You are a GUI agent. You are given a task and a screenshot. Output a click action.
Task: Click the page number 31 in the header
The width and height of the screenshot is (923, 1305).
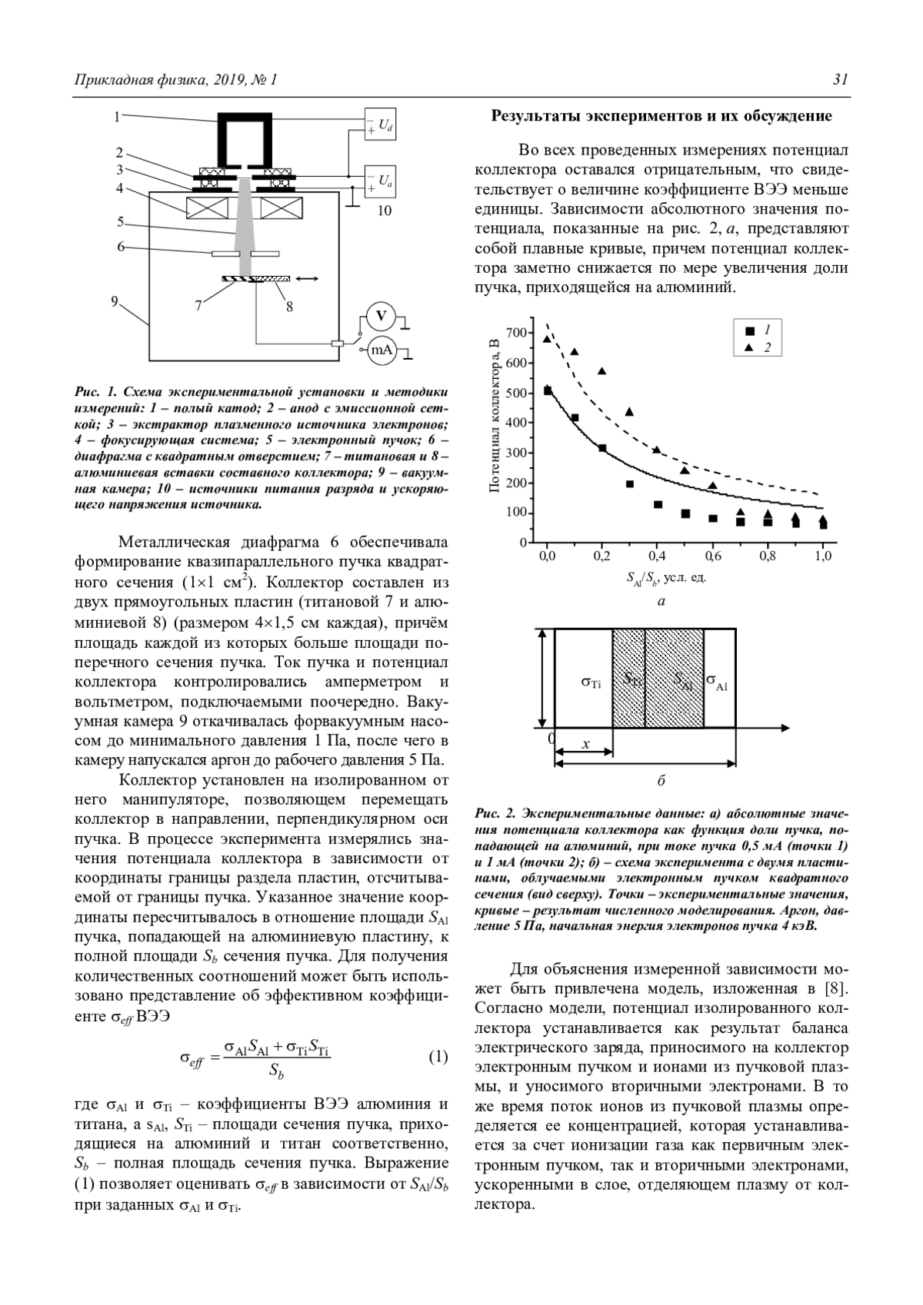pyautogui.click(x=841, y=80)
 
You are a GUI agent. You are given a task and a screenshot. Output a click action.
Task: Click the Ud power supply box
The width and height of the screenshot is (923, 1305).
pyautogui.click(x=381, y=125)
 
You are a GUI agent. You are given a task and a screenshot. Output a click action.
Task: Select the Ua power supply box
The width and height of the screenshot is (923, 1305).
pyautogui.click(x=381, y=181)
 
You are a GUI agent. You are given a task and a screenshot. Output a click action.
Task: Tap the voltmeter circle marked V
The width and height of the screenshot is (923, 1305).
pyautogui.click(x=380, y=316)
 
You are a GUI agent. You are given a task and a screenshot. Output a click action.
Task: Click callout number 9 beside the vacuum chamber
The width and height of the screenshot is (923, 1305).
pyautogui.click(x=115, y=301)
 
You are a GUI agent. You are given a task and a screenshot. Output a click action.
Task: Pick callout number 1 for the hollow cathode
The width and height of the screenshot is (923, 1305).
pyautogui.click(x=117, y=117)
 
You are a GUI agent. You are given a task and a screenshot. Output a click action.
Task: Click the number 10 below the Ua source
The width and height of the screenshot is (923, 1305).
pyautogui.click(x=384, y=210)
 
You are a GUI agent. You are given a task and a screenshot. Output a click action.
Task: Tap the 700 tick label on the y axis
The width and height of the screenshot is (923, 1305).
pyautogui.click(x=516, y=333)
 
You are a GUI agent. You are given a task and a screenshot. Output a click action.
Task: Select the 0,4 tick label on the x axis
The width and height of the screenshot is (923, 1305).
pyautogui.click(x=657, y=556)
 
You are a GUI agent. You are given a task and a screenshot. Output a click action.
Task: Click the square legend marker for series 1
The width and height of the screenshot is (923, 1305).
pyautogui.click(x=750, y=331)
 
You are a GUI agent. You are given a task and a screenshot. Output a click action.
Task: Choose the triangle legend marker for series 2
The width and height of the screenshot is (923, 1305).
pyautogui.click(x=750, y=348)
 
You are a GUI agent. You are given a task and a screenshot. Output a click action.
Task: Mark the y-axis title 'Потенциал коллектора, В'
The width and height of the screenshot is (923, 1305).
pyautogui.click(x=495, y=416)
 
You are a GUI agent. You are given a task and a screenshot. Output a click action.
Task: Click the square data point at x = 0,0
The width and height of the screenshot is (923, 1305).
pyautogui.click(x=548, y=391)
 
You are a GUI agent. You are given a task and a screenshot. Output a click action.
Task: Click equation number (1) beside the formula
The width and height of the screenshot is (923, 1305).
pyautogui.click(x=438, y=1057)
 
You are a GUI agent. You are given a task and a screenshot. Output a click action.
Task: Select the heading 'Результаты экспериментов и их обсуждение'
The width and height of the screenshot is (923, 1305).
pyautogui.click(x=661, y=116)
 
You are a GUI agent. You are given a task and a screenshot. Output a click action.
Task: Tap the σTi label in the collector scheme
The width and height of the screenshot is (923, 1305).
pyautogui.click(x=591, y=681)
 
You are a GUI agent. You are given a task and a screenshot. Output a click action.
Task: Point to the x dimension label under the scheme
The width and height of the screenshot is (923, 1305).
pyautogui.click(x=585, y=744)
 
